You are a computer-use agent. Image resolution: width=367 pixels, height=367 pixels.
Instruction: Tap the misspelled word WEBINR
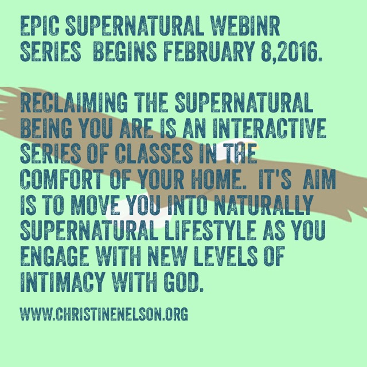pyautogui.click(x=245, y=26)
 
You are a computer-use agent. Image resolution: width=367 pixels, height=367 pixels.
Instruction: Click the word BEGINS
pyautogui.click(x=125, y=51)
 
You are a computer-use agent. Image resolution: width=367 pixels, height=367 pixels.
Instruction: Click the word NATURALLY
pyautogui.click(x=264, y=205)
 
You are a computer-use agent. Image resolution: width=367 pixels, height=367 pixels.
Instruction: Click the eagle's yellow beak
pyautogui.click(x=256, y=147)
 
